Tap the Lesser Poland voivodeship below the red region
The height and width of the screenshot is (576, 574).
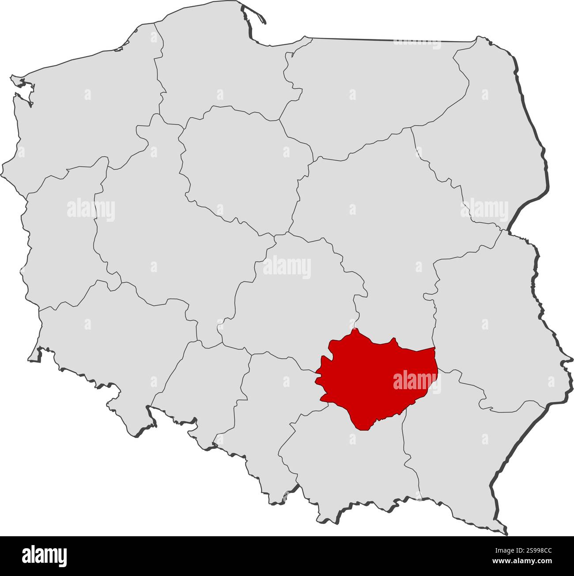coord(349,464)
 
